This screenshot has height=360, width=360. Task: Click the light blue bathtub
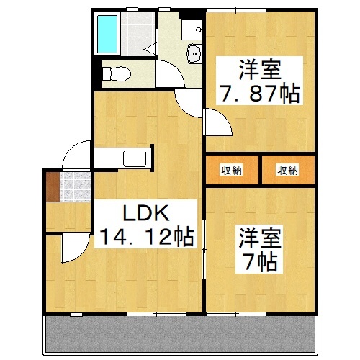(x=110, y=35)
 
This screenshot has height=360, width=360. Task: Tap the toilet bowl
(x=116, y=73)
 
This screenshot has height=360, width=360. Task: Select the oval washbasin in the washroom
(x=193, y=53)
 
